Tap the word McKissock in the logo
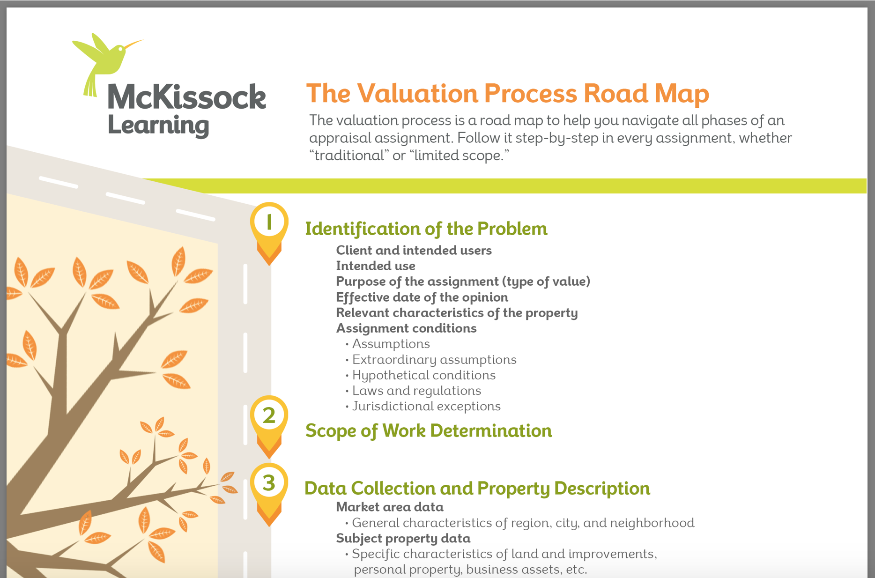coord(187,97)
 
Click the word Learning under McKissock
coord(158,125)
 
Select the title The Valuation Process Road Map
coord(508,93)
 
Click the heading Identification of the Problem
coord(426,229)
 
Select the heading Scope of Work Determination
coord(429,431)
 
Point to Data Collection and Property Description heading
coord(477,489)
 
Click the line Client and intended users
coord(414,250)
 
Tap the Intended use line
coord(376,266)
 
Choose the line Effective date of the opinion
coord(422,297)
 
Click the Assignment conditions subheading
coord(406,328)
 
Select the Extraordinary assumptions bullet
coord(431,360)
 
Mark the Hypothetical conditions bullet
coord(421,375)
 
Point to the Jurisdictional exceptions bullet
coord(423,406)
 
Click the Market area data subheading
coord(390,507)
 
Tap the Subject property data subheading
coord(403,539)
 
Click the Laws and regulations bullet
coord(414,391)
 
